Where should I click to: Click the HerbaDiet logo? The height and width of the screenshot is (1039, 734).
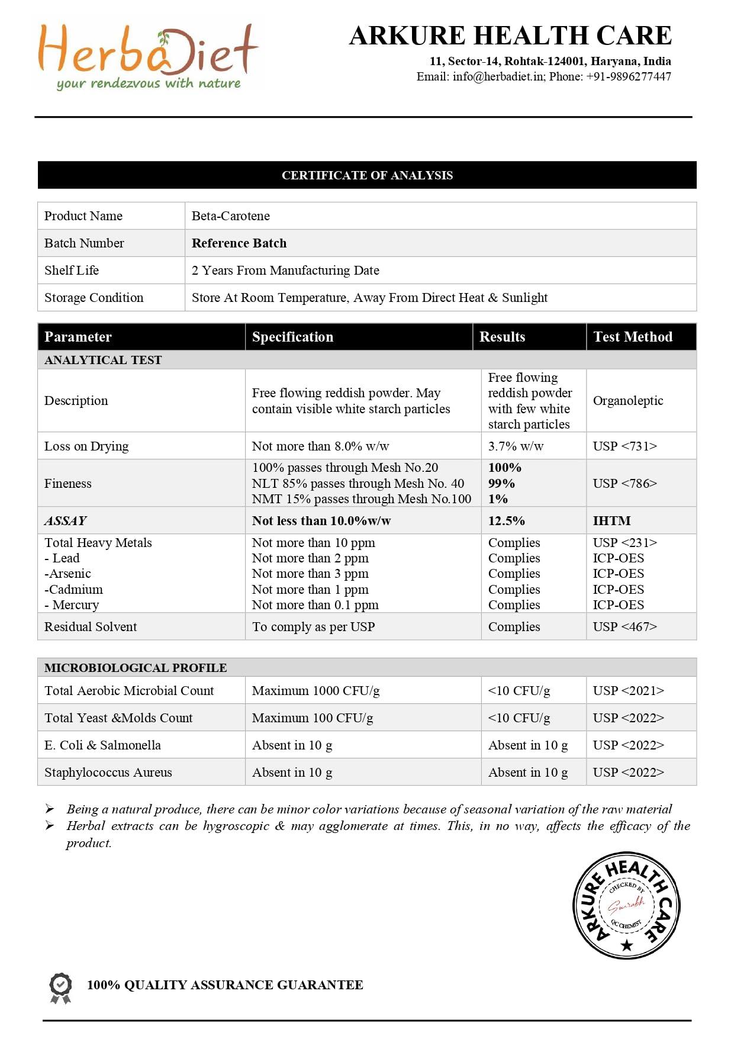pos(148,56)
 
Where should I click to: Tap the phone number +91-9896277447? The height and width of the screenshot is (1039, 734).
pos(629,76)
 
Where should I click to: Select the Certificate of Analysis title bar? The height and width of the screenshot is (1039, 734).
pos(367,175)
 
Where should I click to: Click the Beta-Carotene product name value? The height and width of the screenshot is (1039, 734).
pos(231,216)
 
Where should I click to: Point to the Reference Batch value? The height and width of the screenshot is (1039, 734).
pos(239,243)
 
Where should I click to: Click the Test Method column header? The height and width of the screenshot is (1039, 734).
pos(633,337)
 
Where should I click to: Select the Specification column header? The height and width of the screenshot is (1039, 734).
pos(292,337)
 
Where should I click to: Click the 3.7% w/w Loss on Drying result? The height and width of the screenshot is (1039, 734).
pos(516,446)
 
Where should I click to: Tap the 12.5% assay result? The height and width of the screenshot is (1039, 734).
pos(507,521)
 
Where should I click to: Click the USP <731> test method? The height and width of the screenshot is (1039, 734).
pos(625,446)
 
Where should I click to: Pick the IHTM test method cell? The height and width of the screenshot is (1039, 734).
pos(612,521)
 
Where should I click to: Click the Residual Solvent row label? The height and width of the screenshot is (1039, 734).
pos(91,627)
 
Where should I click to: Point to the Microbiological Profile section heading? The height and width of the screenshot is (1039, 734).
pos(136,668)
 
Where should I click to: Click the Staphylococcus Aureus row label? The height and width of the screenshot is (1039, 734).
pos(108,773)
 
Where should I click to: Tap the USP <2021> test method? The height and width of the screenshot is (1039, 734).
pos(629,691)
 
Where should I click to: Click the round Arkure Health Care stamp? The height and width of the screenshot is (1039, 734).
pos(626,905)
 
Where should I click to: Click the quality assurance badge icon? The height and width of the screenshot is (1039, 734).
pos(60,987)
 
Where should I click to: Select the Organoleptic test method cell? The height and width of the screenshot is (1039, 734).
pos(628,401)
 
